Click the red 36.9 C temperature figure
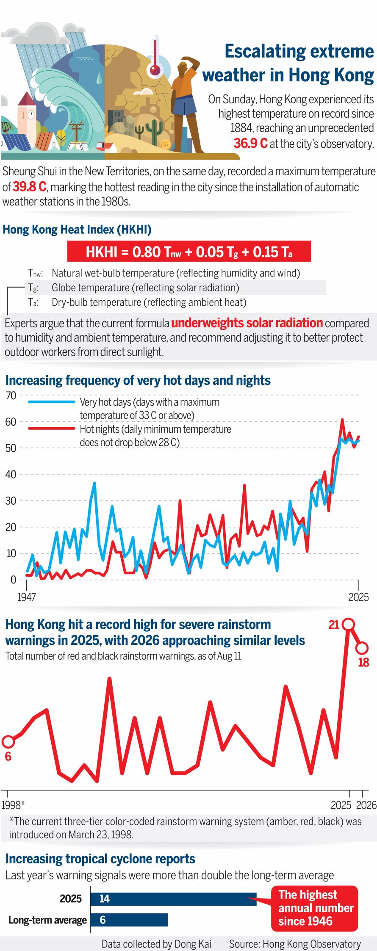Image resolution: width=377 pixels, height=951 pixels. pos(250,143)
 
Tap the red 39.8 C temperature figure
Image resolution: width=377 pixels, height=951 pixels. pos(29,187)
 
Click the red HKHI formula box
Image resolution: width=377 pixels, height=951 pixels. pos(189,252)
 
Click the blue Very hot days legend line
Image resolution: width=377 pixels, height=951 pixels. pos(51,402)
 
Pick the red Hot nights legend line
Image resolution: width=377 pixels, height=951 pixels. pos(51,429)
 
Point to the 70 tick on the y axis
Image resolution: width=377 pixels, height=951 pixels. pos(11,395)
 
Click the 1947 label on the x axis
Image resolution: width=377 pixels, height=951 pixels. pos(26,597)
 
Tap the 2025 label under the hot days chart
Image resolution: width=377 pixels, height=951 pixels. pos(358,597)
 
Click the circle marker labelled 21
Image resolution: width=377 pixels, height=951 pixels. pos(348,624)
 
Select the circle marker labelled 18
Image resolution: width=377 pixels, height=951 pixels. pos(362,648)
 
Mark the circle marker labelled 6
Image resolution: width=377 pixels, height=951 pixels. pos(8,741)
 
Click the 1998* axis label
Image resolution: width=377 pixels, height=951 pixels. pos(13,805)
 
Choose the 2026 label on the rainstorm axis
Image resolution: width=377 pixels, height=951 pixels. pos(366,805)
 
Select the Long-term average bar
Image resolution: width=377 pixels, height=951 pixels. pos(129,920)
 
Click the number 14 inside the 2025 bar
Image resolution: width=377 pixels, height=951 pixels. pos(104,898)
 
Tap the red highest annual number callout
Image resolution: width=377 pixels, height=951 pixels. pos(315,908)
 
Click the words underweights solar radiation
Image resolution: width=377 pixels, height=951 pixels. pos(247,323)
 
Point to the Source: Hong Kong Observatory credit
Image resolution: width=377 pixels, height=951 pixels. pos(295,944)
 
